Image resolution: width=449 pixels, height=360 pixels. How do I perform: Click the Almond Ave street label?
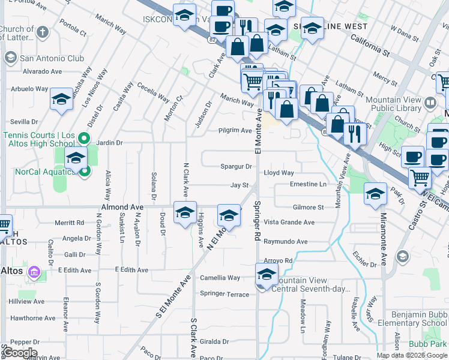click(122, 207)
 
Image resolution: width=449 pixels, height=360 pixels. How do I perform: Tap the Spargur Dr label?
click(236, 166)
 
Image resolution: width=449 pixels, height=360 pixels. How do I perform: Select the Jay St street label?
click(240, 186)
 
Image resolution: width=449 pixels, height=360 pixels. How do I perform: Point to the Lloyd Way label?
click(279, 173)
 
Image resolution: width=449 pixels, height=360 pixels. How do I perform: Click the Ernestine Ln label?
click(308, 184)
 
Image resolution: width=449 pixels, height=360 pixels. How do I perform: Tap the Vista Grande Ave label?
click(289, 222)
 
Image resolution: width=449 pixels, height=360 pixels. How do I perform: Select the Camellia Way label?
click(220, 278)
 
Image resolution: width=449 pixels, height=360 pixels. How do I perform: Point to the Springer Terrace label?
click(224, 294)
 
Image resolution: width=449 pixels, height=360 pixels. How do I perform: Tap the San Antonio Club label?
click(52, 59)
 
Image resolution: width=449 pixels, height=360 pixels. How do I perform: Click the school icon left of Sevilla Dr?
click(61, 100)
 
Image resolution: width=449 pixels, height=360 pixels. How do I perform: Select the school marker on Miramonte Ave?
click(376, 194)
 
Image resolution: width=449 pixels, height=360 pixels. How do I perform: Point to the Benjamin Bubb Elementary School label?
click(419, 319)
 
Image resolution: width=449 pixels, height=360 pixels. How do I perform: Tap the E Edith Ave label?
click(131, 270)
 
